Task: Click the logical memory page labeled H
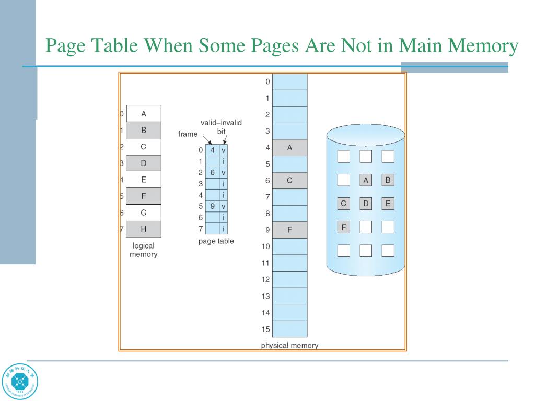[x=143, y=229]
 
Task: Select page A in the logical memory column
[x=143, y=114]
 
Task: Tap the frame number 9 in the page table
[x=213, y=206]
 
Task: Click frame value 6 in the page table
[x=213, y=172]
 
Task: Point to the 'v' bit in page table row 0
[x=224, y=150]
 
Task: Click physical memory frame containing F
[x=290, y=230]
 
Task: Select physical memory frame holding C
[x=290, y=181]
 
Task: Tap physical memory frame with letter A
[x=290, y=148]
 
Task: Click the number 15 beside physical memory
[x=265, y=329]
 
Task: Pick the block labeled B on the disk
[x=388, y=180]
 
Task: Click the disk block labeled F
[x=344, y=227]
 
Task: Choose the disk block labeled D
[x=366, y=203]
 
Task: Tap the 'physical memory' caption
[x=289, y=345]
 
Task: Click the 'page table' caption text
[x=216, y=241]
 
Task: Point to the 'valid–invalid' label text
[x=221, y=122]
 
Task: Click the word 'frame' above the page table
[x=188, y=134]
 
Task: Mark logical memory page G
[x=143, y=213]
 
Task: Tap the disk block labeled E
[x=388, y=203]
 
